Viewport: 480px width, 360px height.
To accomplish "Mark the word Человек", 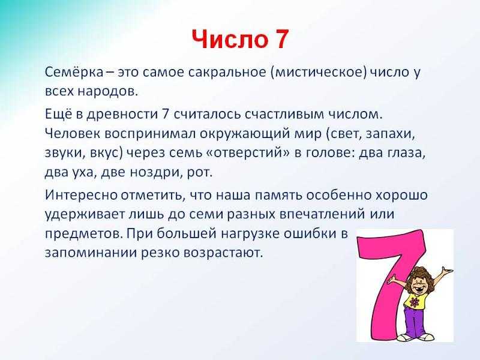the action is [x=73, y=133].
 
